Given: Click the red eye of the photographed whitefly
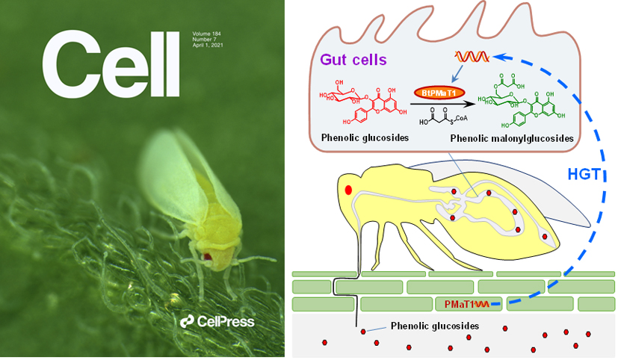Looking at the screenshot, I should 207,257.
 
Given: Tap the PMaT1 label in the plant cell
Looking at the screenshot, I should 455,303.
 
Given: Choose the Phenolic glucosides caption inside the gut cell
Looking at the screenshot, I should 359,138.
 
